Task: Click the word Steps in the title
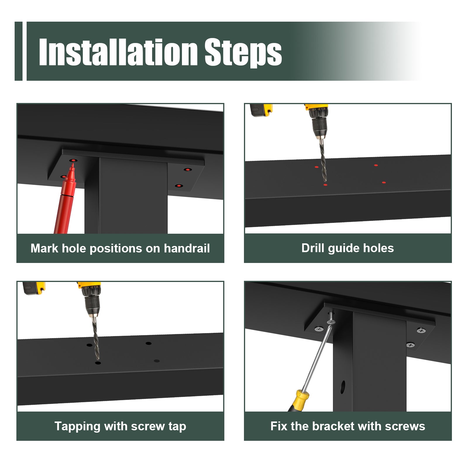(243, 52)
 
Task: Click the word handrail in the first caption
(187, 248)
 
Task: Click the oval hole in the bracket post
(343, 387)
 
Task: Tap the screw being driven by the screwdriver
(331, 318)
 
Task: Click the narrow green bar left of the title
(18, 51)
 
